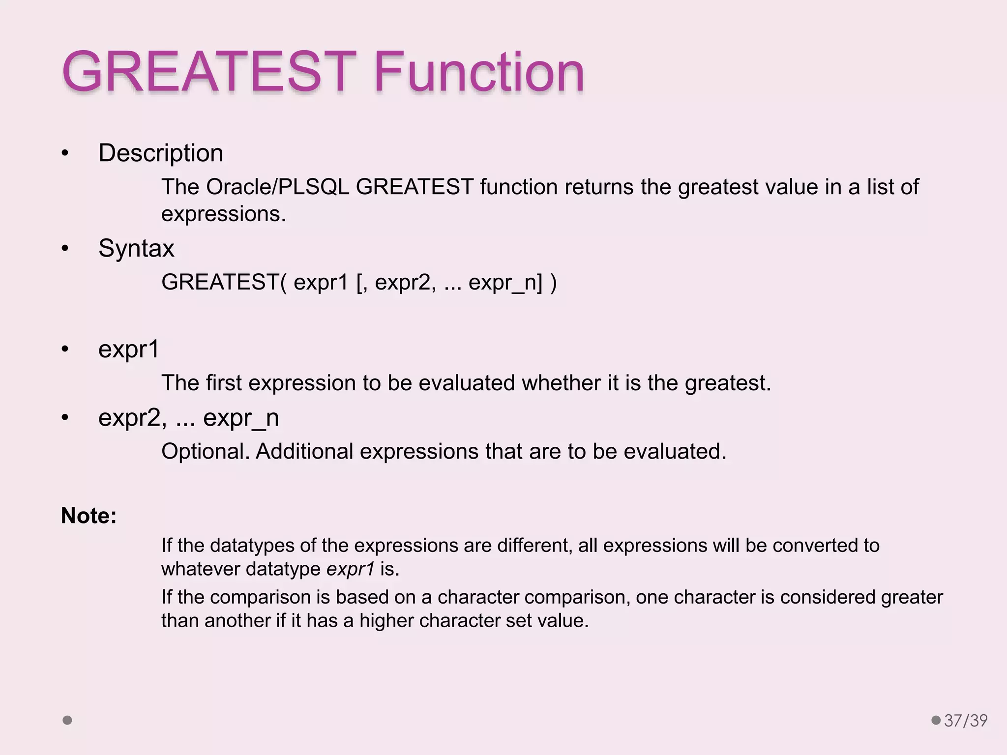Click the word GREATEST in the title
(x=209, y=72)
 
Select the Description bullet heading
(x=161, y=153)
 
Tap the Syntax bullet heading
(x=136, y=248)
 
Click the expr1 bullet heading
(x=129, y=349)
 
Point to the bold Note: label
(x=89, y=516)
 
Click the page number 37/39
(x=966, y=721)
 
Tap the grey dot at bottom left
(x=67, y=720)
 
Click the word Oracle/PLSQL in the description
(x=277, y=187)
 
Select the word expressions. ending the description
(x=224, y=214)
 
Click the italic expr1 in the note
(x=351, y=569)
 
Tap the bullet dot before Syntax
(x=65, y=249)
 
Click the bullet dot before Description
(x=65, y=153)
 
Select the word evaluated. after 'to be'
(x=675, y=452)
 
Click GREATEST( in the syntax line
(x=224, y=283)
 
